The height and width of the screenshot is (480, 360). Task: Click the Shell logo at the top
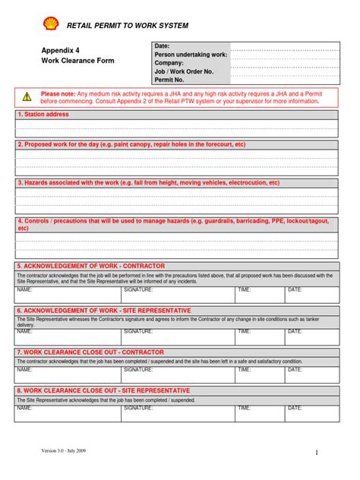click(51, 24)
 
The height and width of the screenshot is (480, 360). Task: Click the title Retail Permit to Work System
click(128, 26)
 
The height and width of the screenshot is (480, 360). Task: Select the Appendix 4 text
click(60, 50)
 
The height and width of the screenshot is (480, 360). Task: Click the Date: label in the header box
click(163, 46)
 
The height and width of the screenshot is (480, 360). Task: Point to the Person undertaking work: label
click(191, 55)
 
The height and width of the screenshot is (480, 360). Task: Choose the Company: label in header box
click(170, 63)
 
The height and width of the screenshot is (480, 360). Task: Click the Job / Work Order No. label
click(184, 71)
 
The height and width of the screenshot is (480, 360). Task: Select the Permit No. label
click(170, 79)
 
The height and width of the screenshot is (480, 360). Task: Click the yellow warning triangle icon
click(27, 96)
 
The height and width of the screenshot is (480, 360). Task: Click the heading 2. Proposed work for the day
click(131, 144)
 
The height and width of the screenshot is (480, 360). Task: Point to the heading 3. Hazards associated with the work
click(148, 183)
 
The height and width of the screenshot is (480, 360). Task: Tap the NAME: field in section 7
click(24, 370)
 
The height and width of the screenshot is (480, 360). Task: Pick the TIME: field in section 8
click(244, 408)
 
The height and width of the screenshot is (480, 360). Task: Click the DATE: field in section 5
click(295, 290)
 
